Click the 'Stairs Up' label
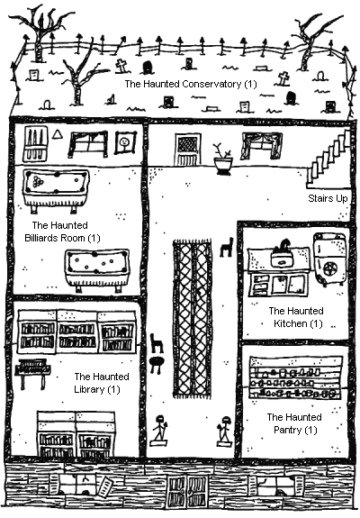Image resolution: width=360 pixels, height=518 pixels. (328, 198)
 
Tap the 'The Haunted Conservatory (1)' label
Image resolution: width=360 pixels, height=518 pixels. (191, 84)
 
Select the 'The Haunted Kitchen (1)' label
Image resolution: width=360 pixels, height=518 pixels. (296, 317)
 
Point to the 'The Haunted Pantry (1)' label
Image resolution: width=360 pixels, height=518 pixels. (294, 423)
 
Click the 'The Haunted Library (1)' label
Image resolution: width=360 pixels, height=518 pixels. (102, 383)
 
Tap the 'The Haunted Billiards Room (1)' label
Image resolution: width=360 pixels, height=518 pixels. (62, 232)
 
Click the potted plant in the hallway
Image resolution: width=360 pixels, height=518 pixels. (222, 159)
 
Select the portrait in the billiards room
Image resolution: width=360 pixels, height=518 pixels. (125, 142)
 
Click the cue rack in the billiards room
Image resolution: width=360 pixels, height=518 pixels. (35, 144)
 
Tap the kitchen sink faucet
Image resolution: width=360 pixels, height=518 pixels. (283, 246)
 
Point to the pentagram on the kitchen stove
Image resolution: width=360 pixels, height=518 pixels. (331, 270)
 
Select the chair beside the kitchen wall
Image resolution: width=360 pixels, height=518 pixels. (227, 247)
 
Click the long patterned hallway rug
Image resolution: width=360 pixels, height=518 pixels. (192, 319)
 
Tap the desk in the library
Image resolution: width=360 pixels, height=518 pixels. (32, 373)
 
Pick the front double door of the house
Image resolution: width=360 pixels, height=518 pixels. (187, 492)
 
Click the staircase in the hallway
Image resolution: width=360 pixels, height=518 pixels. (328, 159)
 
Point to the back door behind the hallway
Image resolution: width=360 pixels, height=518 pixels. (188, 150)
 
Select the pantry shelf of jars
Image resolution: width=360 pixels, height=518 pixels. (295, 377)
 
